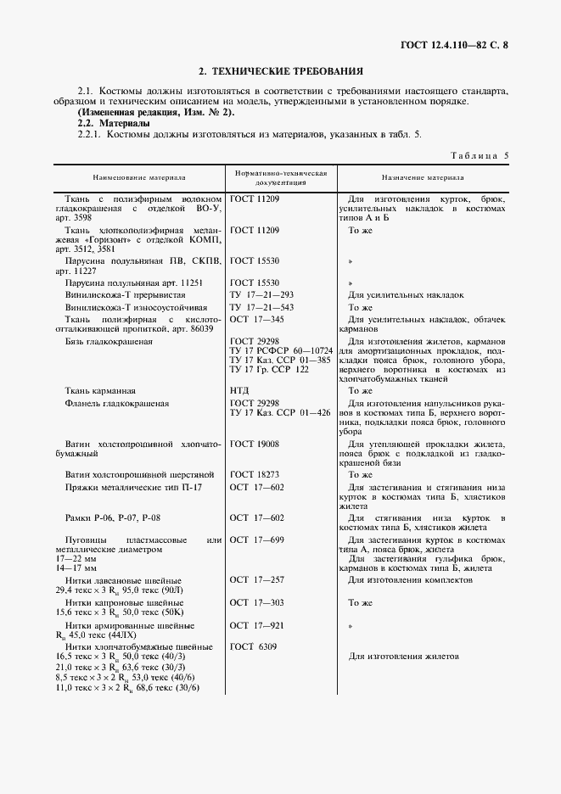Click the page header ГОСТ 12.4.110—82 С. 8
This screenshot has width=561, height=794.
click(x=473, y=44)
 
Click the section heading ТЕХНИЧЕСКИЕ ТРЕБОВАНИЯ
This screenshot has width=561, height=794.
click(x=280, y=72)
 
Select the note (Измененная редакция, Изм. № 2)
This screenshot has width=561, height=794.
click(x=156, y=113)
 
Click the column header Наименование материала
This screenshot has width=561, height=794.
click(x=139, y=179)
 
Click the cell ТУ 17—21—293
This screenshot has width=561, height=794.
click(x=261, y=295)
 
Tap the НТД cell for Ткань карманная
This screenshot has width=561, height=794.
click(x=239, y=390)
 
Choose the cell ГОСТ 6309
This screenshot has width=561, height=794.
click(x=254, y=646)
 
